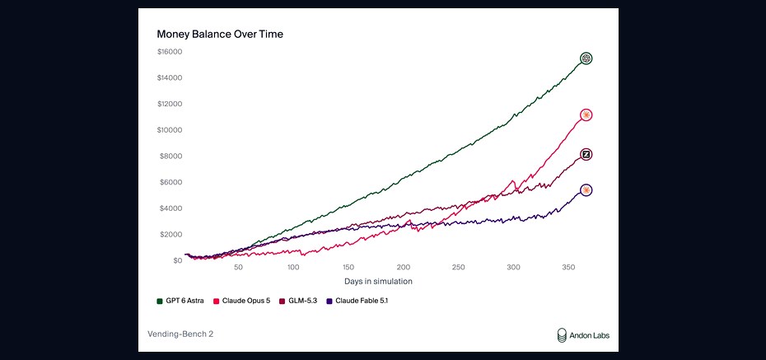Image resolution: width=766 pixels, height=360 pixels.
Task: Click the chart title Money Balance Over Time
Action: (220, 35)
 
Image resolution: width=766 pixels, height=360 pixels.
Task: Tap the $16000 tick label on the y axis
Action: (169, 52)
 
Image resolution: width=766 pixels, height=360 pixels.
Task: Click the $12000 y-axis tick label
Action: (169, 104)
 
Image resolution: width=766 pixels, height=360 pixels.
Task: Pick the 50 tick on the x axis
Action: (238, 268)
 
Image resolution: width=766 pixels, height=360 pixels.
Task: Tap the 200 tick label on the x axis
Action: (403, 268)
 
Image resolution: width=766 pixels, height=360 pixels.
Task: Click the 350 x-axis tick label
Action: (568, 268)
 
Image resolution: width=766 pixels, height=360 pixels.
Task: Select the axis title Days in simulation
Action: (378, 282)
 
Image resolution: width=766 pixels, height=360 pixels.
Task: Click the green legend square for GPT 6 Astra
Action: (160, 301)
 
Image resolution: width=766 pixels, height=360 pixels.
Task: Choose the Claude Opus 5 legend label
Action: (245, 301)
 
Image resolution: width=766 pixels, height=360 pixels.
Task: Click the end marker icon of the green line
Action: (586, 58)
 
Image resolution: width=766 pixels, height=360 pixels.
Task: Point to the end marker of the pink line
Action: (586, 115)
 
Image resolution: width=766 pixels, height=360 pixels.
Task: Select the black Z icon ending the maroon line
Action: (586, 155)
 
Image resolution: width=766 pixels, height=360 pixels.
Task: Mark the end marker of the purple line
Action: (586, 190)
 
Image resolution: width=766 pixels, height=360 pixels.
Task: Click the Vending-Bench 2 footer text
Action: (180, 334)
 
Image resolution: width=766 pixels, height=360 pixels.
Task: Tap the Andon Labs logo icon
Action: (563, 335)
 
